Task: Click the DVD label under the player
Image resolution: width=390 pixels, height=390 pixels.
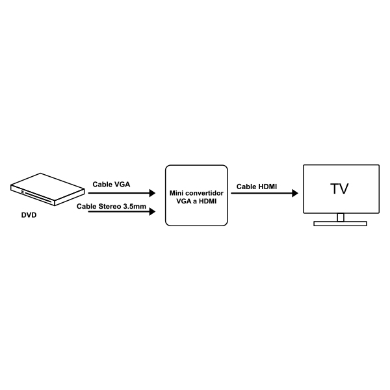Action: pos(29,215)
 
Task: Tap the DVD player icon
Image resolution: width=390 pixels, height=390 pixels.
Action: pos(47,190)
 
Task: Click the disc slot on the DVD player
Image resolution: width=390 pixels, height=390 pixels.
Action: pos(38,196)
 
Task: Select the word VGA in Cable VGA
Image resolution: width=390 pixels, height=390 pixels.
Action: pos(122,185)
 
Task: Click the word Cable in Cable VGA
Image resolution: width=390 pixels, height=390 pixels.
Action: pos(103,185)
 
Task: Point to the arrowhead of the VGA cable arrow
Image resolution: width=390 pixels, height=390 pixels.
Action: pos(152,193)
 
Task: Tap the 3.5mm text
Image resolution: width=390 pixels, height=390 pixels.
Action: pos(135,207)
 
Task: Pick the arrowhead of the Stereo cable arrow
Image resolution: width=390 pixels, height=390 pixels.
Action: pos(152,212)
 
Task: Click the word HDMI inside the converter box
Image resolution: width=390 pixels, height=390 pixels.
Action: pos(208,201)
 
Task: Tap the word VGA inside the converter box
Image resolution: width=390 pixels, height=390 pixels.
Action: pos(184,201)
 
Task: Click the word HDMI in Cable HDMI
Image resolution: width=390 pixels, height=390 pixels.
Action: pos(267,187)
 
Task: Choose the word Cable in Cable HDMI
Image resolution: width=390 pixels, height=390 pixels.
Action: pos(246,187)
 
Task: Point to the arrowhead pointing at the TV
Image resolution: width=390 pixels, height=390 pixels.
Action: pos(295,193)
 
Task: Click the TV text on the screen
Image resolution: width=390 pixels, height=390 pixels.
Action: pos(339,188)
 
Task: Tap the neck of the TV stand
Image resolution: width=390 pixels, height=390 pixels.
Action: pos(341,217)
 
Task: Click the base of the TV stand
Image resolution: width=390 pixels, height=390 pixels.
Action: pos(340,224)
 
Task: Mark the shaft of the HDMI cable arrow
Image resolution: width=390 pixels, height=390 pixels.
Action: pos(262,193)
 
